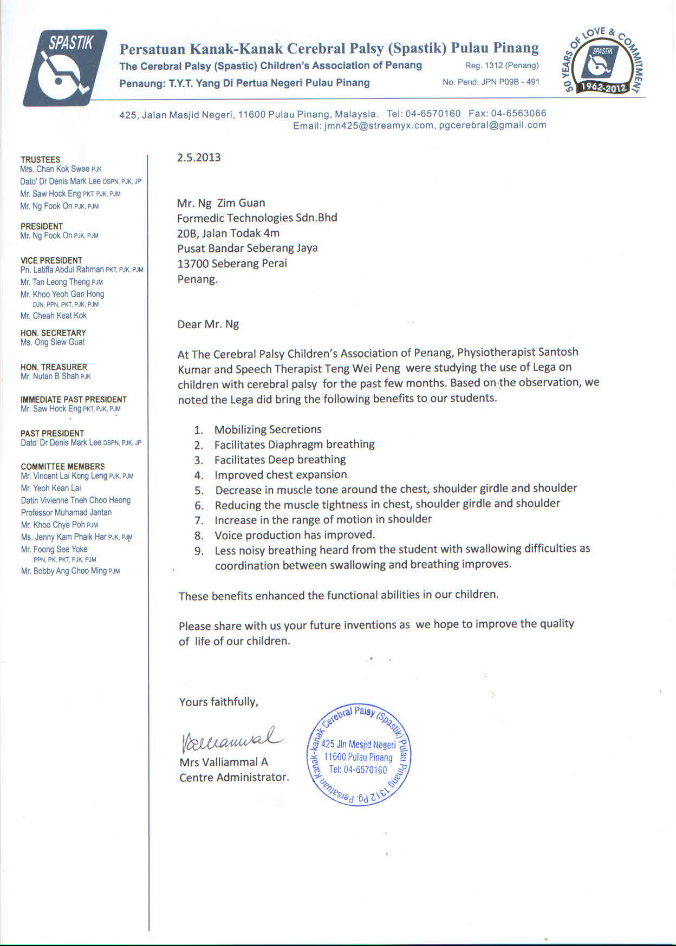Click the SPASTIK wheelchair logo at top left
(65, 68)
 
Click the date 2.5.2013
(199, 158)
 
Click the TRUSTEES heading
(41, 160)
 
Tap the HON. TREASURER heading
(54, 367)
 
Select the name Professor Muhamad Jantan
(66, 512)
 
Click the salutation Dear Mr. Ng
(208, 325)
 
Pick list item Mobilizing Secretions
(268, 429)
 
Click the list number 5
(199, 491)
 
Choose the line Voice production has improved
(295, 535)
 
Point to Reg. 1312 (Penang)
(502, 66)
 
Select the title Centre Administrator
(233, 777)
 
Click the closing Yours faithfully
(218, 702)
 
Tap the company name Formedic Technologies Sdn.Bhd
(257, 218)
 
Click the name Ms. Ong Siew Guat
(53, 342)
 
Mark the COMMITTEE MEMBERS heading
(63, 467)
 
